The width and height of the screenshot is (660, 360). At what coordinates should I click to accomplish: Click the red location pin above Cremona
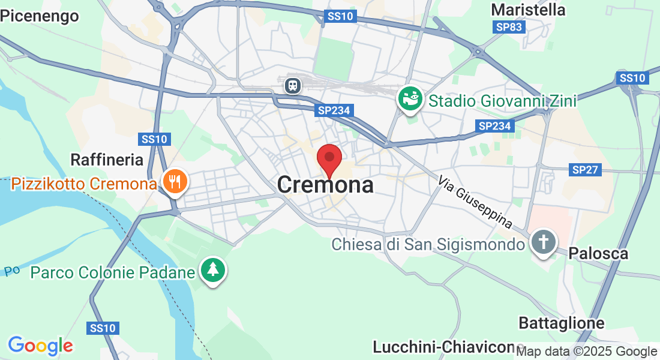pyautogui.click(x=329, y=159)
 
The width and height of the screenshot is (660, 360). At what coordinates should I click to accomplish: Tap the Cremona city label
pyautogui.click(x=325, y=185)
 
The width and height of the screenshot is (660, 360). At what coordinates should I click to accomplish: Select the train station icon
pyautogui.click(x=293, y=85)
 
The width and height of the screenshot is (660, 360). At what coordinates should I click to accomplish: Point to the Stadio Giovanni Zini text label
pyautogui.click(x=502, y=101)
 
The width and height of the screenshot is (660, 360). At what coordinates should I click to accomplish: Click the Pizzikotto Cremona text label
pyautogui.click(x=84, y=183)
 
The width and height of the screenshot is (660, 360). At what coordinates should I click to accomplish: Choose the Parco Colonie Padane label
pyautogui.click(x=113, y=273)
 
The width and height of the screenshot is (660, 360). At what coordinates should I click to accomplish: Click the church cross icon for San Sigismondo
pyautogui.click(x=544, y=243)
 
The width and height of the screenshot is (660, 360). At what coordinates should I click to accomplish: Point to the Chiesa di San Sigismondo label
pyautogui.click(x=428, y=245)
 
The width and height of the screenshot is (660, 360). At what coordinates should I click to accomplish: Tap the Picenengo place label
pyautogui.click(x=40, y=16)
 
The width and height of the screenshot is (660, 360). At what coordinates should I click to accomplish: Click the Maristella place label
pyautogui.click(x=528, y=10)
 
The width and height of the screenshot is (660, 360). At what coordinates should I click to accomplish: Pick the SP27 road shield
pyautogui.click(x=585, y=170)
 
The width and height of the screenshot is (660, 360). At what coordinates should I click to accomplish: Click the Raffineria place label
pyautogui.click(x=107, y=160)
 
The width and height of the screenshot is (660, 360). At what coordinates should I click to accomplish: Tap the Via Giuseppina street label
pyautogui.click(x=475, y=202)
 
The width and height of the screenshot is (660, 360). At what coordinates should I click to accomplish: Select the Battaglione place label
pyautogui.click(x=562, y=323)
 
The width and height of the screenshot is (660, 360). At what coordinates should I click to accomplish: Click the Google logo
pyautogui.click(x=40, y=346)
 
